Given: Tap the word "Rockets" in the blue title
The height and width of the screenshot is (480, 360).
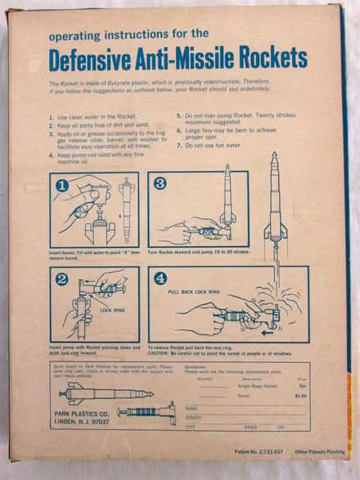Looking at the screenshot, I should point(271,60).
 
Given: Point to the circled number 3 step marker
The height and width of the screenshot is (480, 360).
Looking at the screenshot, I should point(160,186).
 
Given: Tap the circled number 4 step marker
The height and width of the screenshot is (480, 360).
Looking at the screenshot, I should point(160,278).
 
